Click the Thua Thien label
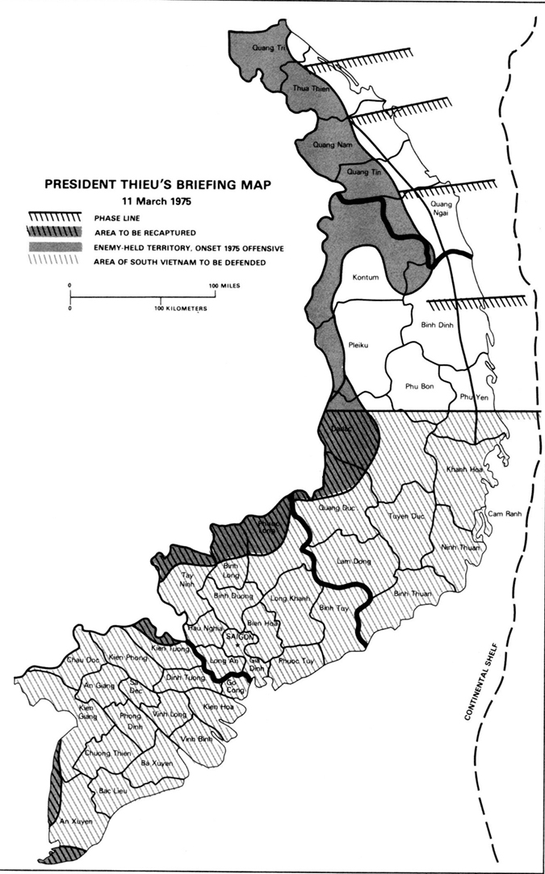pyautogui.click(x=306, y=90)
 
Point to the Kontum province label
pyautogui.click(x=366, y=277)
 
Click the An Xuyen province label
pyautogui.click(x=77, y=821)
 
